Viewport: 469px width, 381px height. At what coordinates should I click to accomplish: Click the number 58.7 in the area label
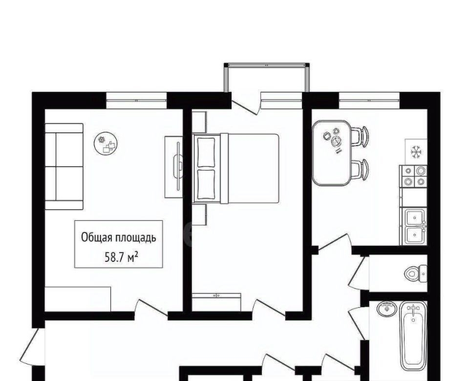tap(112, 257)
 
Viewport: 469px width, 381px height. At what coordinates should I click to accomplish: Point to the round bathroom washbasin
tap(387, 309)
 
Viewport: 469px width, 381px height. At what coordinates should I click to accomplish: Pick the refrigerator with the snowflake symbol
tap(416, 152)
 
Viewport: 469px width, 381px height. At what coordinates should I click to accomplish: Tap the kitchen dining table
tap(332, 153)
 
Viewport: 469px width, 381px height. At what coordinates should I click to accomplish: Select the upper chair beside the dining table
tap(360, 136)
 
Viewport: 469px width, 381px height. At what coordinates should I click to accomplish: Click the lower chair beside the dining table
tap(360, 169)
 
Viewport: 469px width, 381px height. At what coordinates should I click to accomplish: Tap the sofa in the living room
tap(64, 166)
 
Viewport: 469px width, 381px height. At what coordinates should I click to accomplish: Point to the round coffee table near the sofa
tap(106, 144)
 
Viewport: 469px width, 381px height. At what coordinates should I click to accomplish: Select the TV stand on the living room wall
tap(174, 167)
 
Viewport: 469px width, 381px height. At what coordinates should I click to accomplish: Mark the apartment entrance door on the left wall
tap(32, 347)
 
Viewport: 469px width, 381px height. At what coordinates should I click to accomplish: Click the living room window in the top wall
tap(136, 101)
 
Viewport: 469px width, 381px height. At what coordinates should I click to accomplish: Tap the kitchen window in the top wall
tap(369, 101)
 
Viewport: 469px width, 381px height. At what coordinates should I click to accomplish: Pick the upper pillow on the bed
tap(206, 152)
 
